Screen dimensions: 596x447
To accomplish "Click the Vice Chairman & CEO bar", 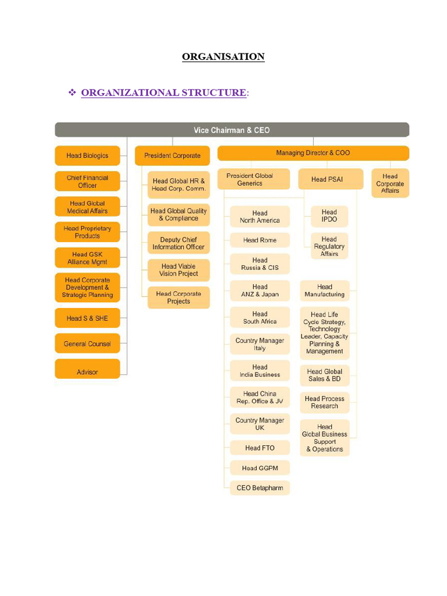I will pyautogui.click(x=232, y=130).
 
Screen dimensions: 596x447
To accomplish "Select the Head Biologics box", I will pyautogui.click(x=87, y=155).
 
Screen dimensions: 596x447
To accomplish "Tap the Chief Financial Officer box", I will pyautogui.click(x=87, y=182).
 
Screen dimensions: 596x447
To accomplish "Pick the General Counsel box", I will pyautogui.click(x=87, y=344).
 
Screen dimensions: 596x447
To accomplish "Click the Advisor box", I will pyautogui.click(x=87, y=372).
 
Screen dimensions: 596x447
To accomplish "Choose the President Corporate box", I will pyautogui.click(x=172, y=155).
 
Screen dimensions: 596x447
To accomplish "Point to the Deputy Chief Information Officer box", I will pyautogui.click(x=178, y=243).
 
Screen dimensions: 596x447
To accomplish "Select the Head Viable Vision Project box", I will pyautogui.click(x=178, y=270).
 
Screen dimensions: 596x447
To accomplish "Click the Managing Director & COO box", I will pyautogui.click(x=313, y=153).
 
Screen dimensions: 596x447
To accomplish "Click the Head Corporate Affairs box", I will pyautogui.click(x=390, y=183).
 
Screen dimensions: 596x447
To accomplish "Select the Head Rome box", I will pyautogui.click(x=260, y=240).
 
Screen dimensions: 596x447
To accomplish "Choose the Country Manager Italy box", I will pyautogui.click(x=260, y=344).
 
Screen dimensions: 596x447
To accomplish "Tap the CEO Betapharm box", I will pyautogui.click(x=260, y=488).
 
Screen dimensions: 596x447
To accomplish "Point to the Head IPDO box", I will pyautogui.click(x=329, y=216).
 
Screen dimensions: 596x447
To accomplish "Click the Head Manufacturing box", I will pyautogui.click(x=325, y=290).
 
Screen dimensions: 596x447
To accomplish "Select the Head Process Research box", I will pyautogui.click(x=325, y=402).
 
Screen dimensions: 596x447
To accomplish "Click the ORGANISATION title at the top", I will pyautogui.click(x=223, y=56).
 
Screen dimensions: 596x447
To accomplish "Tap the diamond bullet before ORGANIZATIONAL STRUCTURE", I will pyautogui.click(x=73, y=93).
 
